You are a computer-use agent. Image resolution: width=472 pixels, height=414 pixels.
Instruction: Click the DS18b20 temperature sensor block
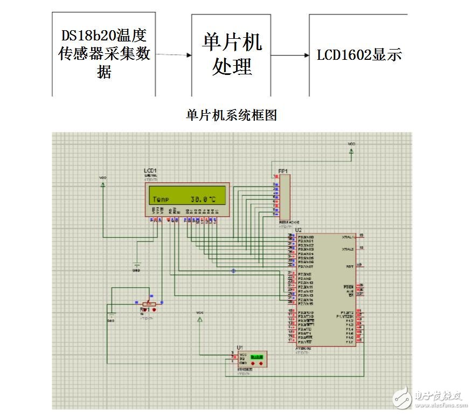click(104, 54)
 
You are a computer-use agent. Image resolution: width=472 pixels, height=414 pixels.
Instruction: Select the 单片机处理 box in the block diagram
click(231, 54)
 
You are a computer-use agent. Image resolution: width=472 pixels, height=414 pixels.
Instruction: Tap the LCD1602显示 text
click(358, 55)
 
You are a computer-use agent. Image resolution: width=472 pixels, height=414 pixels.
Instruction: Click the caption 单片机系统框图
click(231, 115)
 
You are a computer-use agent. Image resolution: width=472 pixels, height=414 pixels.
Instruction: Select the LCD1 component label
click(150, 170)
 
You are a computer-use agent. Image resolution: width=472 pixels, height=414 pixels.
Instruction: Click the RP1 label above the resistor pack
click(283, 171)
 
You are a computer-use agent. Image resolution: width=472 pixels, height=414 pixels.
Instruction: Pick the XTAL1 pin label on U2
click(347, 237)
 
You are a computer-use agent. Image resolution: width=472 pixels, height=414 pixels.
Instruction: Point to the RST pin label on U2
click(350, 266)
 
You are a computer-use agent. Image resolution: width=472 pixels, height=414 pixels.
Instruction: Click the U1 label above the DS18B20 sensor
click(240, 347)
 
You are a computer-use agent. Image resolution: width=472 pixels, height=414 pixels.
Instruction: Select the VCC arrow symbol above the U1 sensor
click(200, 319)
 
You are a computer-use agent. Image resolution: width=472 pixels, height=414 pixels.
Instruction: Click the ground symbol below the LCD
click(137, 265)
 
